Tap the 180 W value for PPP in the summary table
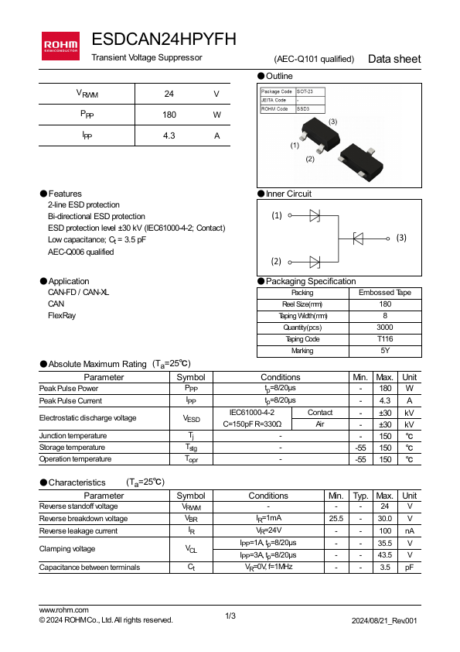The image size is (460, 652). (x=169, y=115)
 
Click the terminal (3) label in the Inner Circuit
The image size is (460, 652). (x=401, y=238)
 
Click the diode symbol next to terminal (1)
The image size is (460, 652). (x=315, y=215)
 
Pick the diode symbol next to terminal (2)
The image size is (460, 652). (x=315, y=262)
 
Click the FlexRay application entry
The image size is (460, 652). (x=62, y=316)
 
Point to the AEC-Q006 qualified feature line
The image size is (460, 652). (x=81, y=252)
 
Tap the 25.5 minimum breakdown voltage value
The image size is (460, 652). (x=336, y=519)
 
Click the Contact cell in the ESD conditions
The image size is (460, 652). (x=320, y=413)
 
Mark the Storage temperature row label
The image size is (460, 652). (x=72, y=448)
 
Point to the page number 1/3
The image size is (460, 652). (x=230, y=616)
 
